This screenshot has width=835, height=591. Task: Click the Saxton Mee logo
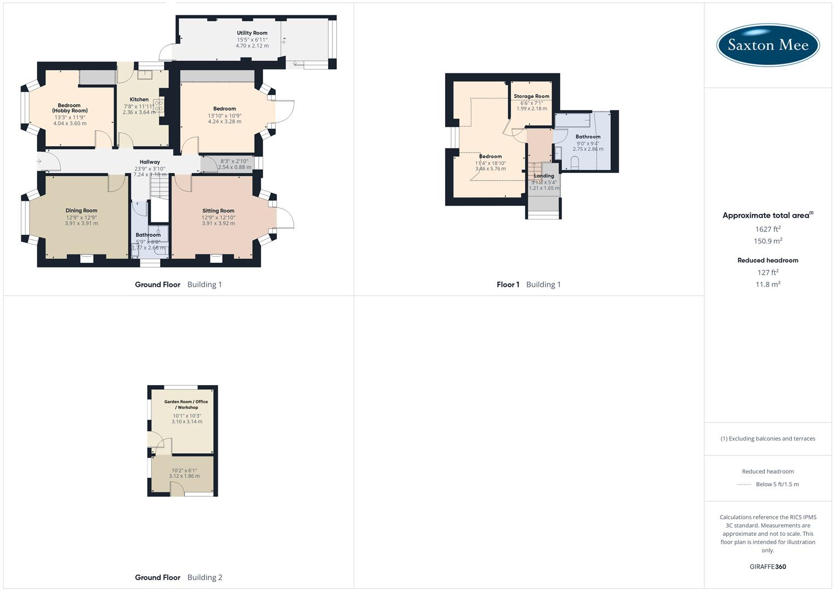(768, 45)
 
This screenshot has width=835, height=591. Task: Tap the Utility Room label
(252, 33)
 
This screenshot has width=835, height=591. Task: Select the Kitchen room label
(139, 100)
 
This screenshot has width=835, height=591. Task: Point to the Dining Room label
(81, 211)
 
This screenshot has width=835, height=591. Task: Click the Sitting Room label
(218, 211)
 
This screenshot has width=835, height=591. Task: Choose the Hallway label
(150, 162)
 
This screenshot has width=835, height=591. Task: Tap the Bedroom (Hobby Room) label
(69, 108)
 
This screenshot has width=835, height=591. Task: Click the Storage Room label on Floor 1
(532, 96)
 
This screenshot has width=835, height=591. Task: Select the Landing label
(544, 176)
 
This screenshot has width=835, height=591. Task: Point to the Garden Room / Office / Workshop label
(186, 404)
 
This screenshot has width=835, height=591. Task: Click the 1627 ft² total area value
(768, 229)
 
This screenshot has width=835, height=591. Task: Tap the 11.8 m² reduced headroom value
(768, 285)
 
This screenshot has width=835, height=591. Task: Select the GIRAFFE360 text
(768, 567)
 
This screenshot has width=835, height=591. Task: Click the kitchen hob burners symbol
(159, 105)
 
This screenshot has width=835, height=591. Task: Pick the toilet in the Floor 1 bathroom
(575, 163)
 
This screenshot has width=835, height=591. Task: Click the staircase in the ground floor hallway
(157, 187)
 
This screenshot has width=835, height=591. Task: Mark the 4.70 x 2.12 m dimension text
(252, 46)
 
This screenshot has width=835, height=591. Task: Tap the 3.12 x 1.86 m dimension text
(184, 476)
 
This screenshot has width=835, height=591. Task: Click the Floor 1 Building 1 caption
(528, 285)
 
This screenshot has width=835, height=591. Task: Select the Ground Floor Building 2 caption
(178, 577)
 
